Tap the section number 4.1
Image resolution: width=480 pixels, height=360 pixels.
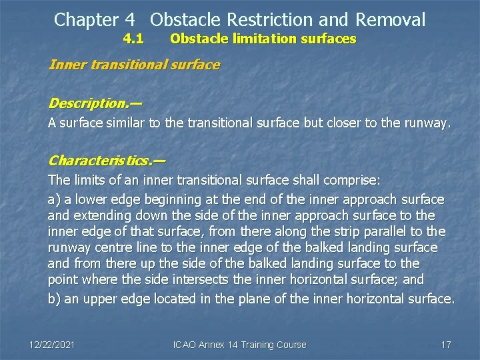click(133, 39)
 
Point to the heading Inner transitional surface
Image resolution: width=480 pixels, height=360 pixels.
click(134, 65)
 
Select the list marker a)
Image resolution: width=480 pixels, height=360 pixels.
click(54, 199)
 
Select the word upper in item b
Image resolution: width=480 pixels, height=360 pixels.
click(97, 298)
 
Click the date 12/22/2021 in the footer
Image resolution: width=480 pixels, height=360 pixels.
click(52, 345)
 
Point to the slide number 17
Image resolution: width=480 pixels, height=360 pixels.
click(446, 345)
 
